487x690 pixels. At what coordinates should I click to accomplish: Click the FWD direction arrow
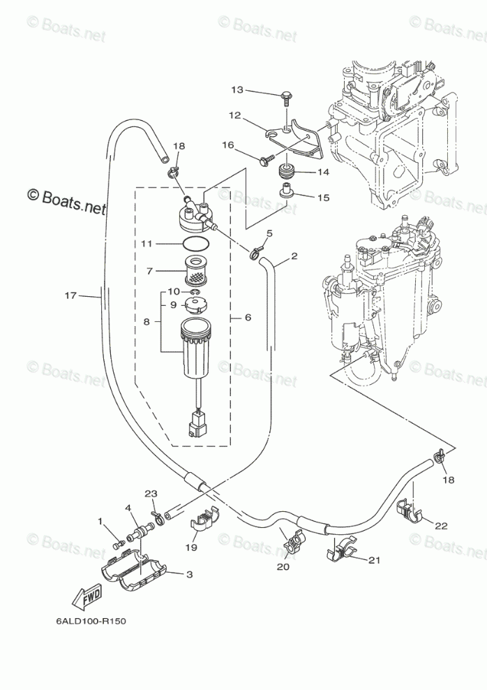pos(85,596)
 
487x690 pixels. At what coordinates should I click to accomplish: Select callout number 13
pos(237,90)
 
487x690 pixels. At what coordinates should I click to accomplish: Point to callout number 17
pos(70,295)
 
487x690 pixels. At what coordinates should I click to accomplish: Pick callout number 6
pos(248,317)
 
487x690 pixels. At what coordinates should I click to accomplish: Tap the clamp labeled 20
pos(292,540)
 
